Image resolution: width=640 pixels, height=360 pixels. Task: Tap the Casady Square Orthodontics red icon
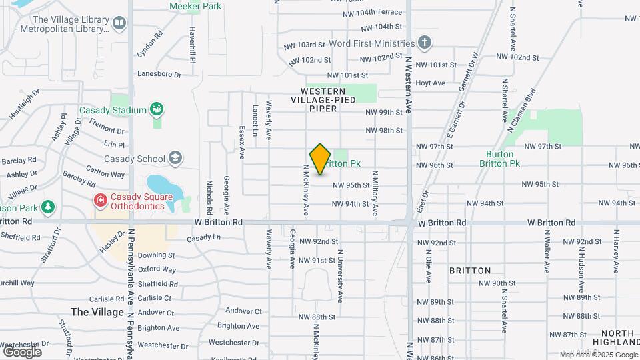click(100, 199)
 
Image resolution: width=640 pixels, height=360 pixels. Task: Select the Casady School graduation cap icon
click(175, 159)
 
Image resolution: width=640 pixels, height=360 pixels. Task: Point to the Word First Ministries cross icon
click(425, 43)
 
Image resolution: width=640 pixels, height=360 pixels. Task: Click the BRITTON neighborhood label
click(470, 271)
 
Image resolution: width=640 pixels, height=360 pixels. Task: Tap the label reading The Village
click(97, 311)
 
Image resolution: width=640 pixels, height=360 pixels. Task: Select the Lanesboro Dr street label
click(159, 75)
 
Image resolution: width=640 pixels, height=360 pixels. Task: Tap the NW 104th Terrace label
click(380, 12)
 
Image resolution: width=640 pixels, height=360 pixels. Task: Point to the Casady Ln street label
click(203, 238)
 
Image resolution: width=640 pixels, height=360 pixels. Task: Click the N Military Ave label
click(375, 193)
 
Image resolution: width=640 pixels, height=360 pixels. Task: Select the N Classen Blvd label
click(521, 107)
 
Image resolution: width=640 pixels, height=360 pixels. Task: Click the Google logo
click(22, 351)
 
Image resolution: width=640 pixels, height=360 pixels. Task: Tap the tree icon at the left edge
click(47, 208)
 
